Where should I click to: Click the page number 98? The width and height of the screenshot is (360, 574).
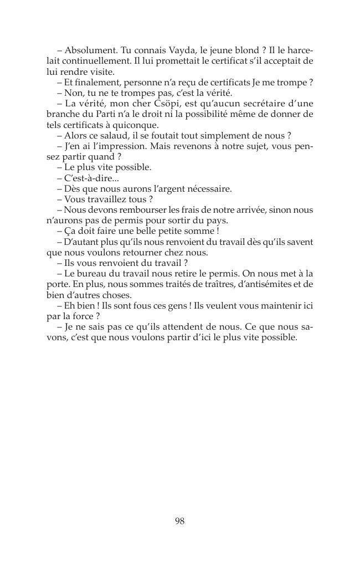(x=179, y=521)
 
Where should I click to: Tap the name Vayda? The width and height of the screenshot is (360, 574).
(x=178, y=50)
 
